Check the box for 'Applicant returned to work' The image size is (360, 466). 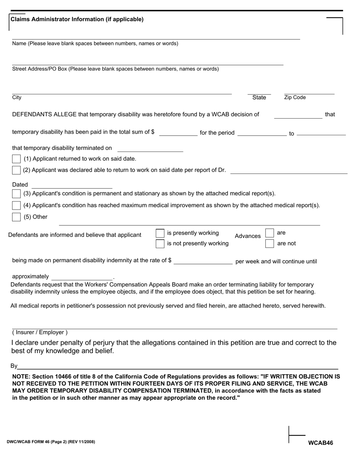(x=16, y=159)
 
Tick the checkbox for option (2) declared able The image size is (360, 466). (x=16, y=170)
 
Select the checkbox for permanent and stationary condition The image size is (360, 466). (x=16, y=194)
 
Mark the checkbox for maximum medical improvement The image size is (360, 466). (x=16, y=205)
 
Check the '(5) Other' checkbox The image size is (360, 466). (x=16, y=217)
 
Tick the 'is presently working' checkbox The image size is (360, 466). (x=160, y=233)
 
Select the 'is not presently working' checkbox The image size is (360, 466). (x=160, y=244)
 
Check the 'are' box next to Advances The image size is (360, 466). (x=269, y=233)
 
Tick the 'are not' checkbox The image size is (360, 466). (x=269, y=244)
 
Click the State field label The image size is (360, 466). (x=259, y=98)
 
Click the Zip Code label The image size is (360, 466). (x=295, y=98)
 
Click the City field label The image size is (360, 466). (x=17, y=98)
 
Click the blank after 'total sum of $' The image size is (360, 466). (x=178, y=132)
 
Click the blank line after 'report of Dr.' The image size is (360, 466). (x=289, y=170)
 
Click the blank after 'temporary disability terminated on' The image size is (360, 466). (x=150, y=148)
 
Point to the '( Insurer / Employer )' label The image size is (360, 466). (x=40, y=333)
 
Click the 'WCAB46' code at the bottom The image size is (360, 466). (x=321, y=443)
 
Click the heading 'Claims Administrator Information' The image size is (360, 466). (x=77, y=19)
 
